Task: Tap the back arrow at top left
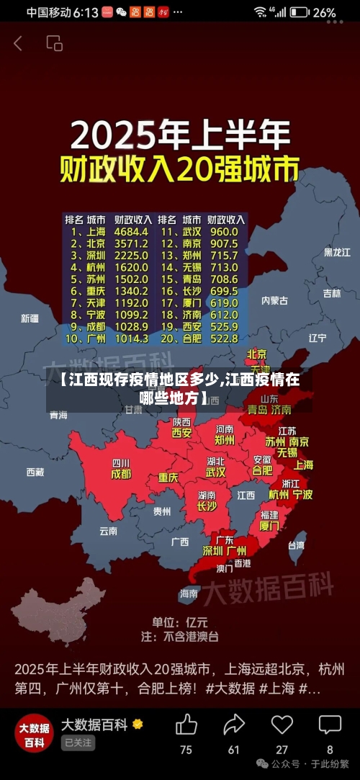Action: coord(18,43)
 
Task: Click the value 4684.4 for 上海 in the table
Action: coord(132,232)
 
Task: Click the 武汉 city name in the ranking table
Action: coord(191,232)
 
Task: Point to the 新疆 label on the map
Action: coord(30,318)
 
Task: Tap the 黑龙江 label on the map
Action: coord(337,252)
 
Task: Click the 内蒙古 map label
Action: coord(274,300)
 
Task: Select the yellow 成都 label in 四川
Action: coord(121,475)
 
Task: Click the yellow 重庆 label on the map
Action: coord(168,478)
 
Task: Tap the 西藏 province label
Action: coord(35,472)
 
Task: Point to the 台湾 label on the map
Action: coord(296,545)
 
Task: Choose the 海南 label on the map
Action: coord(189,593)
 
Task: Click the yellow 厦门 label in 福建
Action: coord(269,526)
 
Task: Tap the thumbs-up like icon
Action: coord(186,725)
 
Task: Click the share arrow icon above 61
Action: coord(234,725)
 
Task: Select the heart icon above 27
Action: coord(282,725)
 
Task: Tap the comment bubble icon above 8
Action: coord(330,725)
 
